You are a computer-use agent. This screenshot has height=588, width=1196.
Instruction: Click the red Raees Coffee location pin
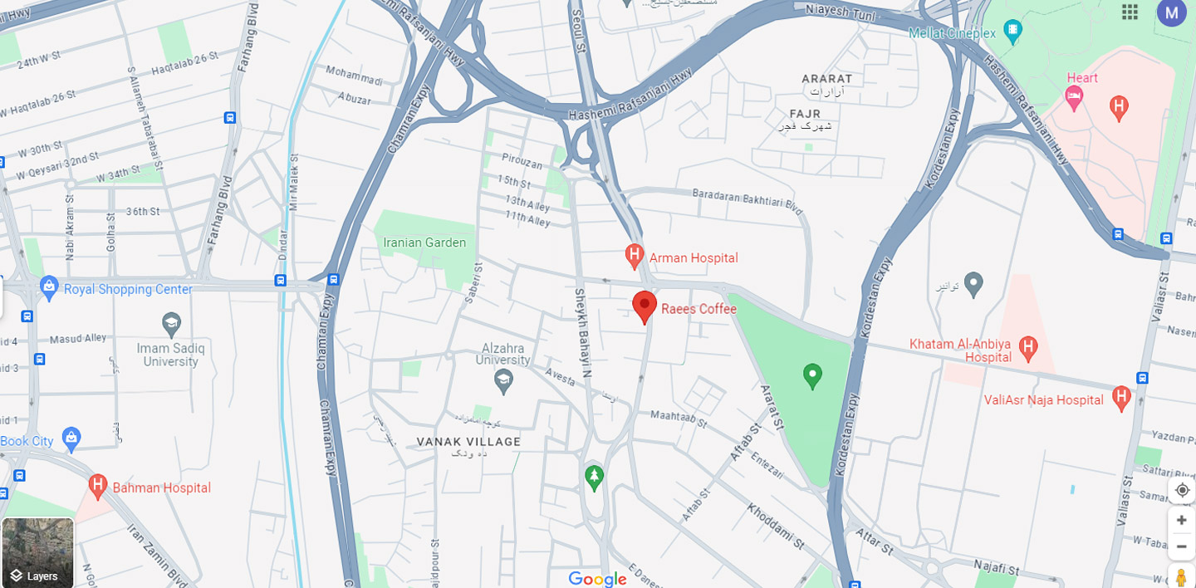(645, 306)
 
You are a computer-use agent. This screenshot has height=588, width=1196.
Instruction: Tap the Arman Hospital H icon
(635, 255)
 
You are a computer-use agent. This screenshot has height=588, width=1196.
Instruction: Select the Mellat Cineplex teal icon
(1012, 32)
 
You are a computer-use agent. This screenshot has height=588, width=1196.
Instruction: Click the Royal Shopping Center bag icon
(49, 288)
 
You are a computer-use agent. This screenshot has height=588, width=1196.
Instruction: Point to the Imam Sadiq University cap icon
(171, 323)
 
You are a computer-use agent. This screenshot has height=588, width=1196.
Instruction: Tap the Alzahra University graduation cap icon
(503, 382)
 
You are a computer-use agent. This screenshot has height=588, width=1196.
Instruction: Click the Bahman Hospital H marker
(98, 485)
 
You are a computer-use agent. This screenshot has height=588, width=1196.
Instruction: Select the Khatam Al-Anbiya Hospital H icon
(1028, 347)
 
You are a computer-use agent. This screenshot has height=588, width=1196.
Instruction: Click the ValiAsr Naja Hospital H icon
(1122, 397)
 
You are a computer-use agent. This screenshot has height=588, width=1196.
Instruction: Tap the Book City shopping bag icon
(71, 438)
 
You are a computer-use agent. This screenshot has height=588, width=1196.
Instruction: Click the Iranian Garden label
(424, 243)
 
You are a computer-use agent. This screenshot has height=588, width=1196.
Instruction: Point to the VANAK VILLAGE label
(468, 442)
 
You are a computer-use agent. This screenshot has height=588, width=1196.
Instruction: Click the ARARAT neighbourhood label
(826, 79)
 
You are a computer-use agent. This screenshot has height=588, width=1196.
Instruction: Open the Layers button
(37, 553)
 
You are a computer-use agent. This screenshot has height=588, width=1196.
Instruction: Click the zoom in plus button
(1181, 520)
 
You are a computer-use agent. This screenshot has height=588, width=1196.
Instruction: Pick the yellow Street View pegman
(1181, 576)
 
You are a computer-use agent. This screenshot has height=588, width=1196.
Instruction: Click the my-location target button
(1182, 490)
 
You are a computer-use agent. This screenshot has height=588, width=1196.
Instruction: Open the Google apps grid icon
(1130, 12)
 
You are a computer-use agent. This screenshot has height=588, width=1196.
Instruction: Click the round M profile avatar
(1171, 12)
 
